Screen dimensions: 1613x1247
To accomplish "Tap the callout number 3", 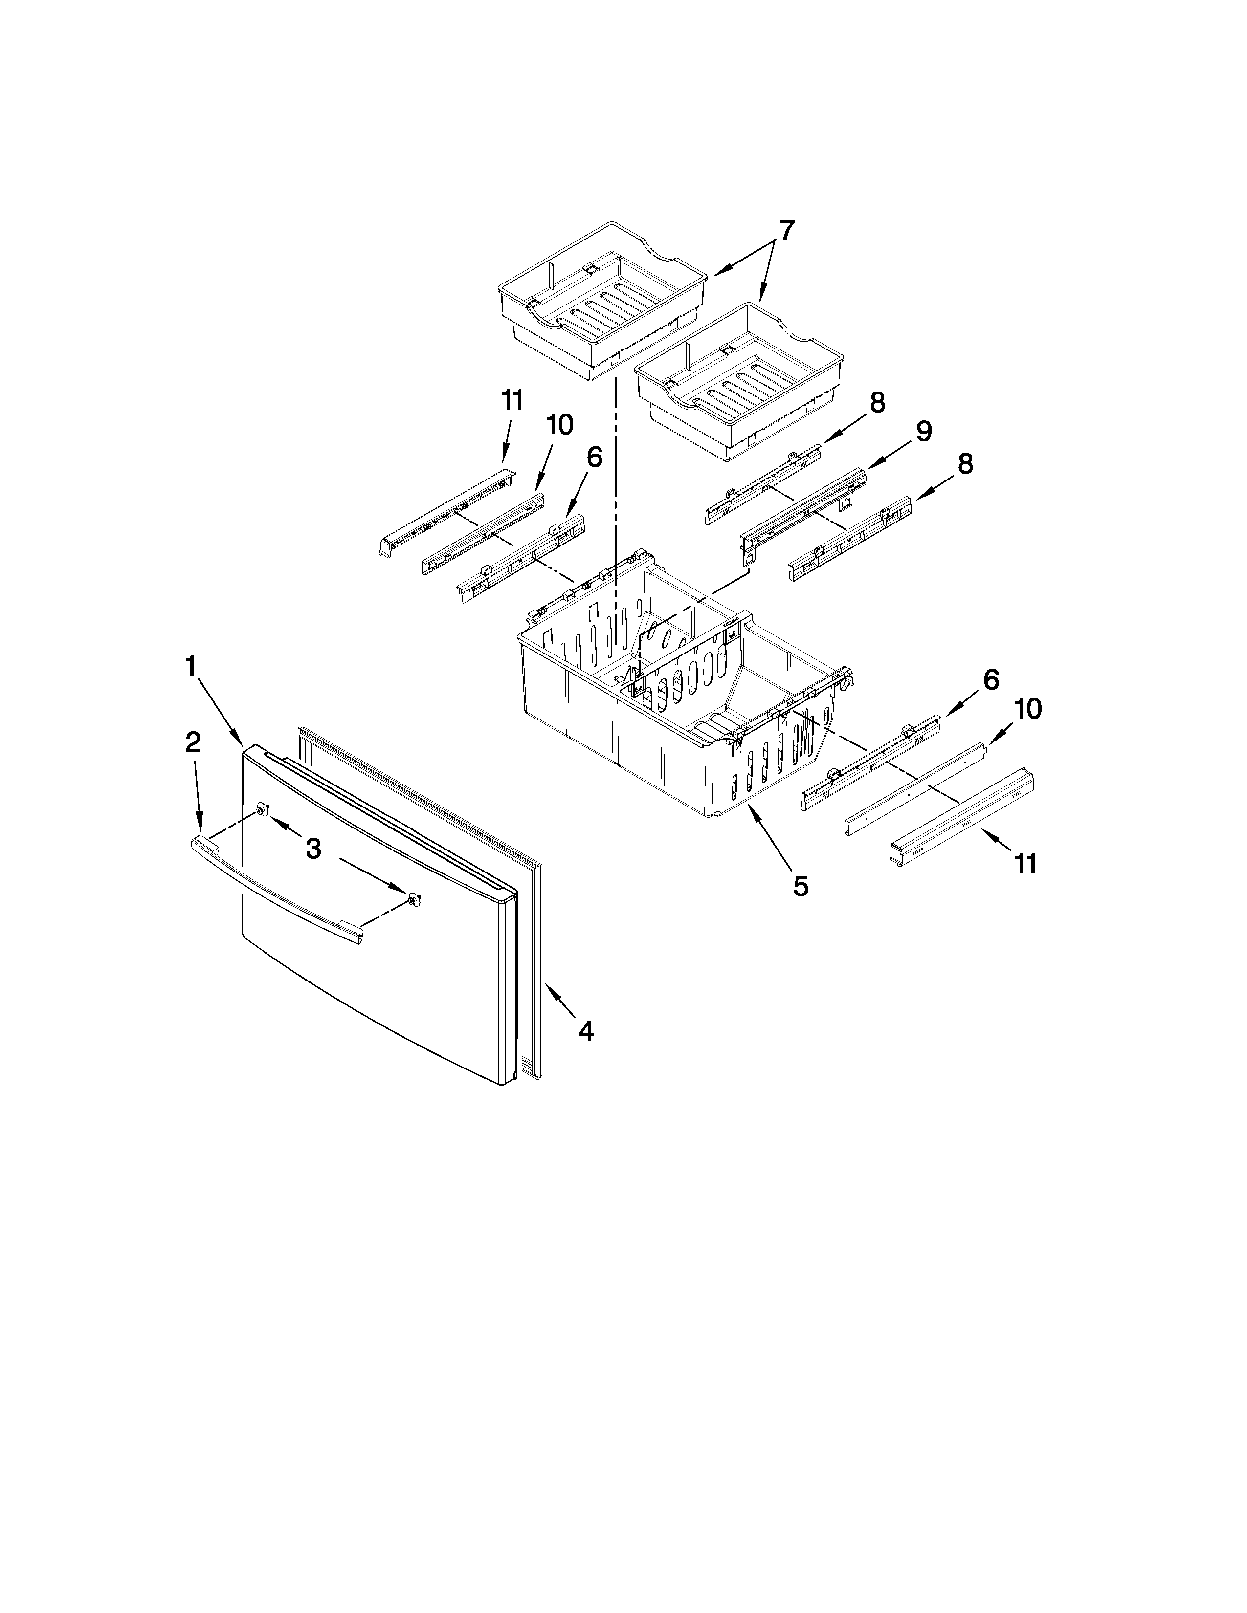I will (313, 850).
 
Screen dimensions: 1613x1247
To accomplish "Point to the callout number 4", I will (585, 1031).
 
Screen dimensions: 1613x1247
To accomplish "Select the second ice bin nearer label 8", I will (739, 384).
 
